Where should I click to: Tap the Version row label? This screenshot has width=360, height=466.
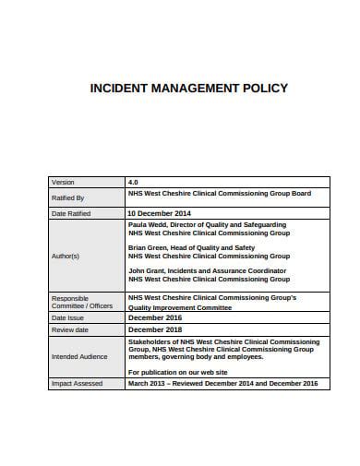(63, 183)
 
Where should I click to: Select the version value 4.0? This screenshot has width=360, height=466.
(133, 183)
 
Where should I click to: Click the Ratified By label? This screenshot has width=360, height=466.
(67, 197)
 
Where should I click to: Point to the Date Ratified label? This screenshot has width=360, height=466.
(70, 213)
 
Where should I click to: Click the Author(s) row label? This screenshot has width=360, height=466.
(65, 256)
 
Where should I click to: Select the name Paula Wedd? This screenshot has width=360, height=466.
(148, 224)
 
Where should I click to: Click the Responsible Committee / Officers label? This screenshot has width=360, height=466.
(81, 302)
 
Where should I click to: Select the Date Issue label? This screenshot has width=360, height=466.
(66, 317)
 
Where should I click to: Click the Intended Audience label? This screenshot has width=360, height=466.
(78, 355)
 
